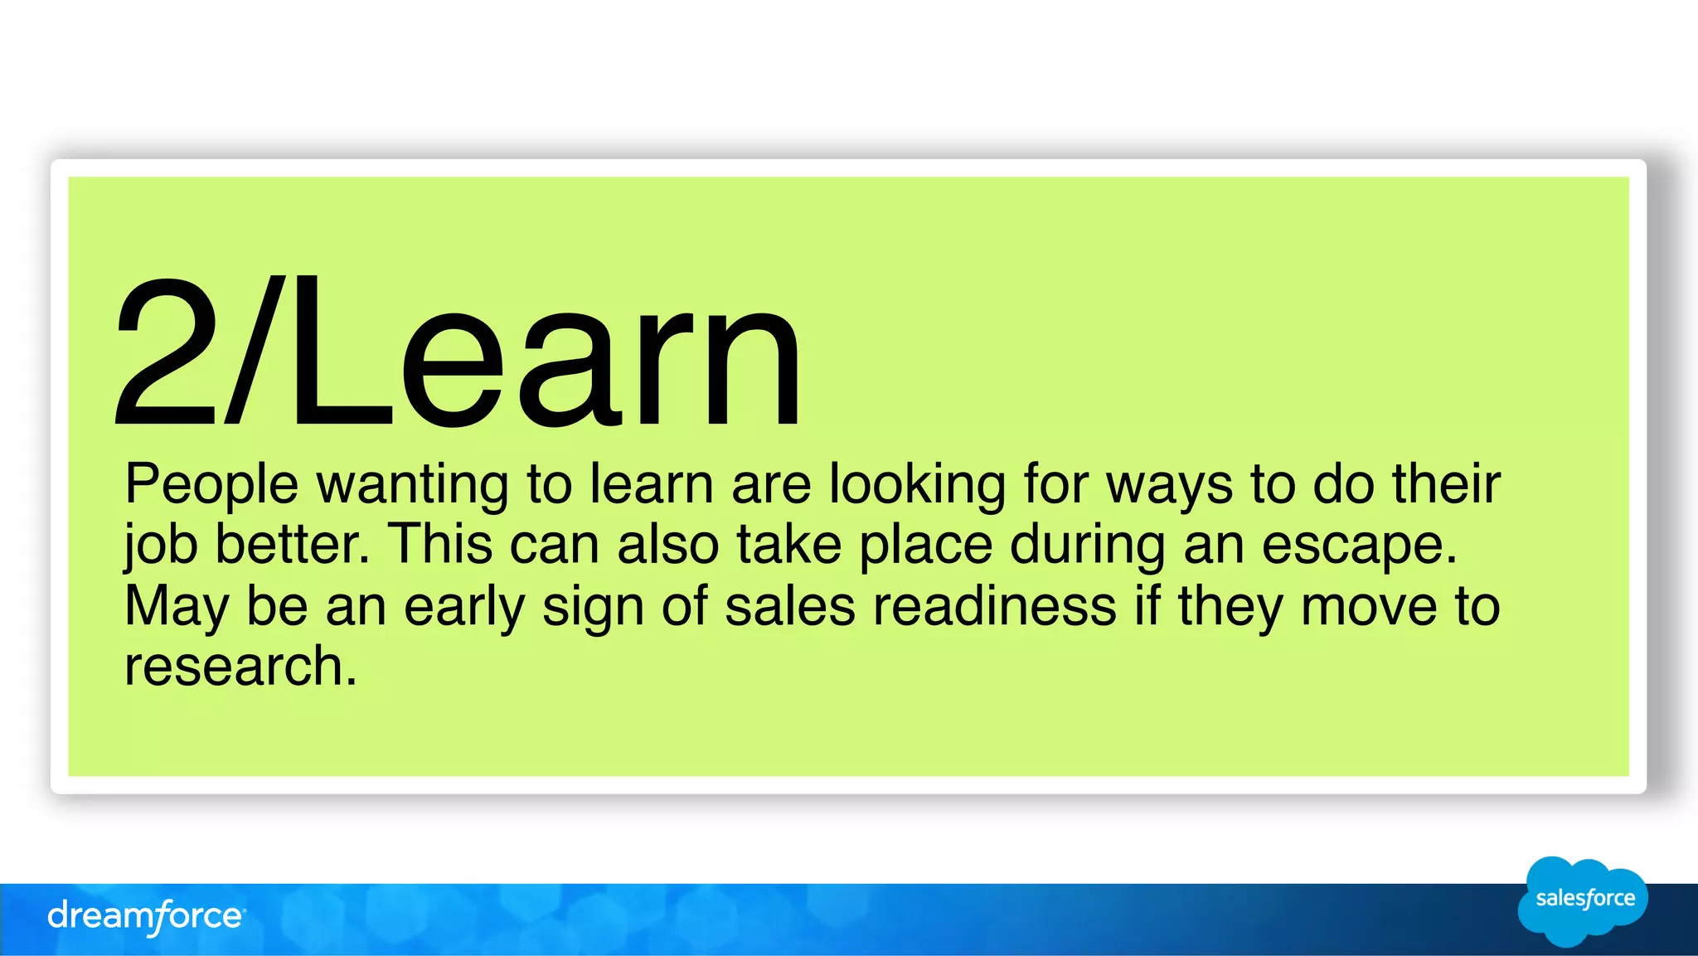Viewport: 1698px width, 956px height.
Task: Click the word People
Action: coord(211,485)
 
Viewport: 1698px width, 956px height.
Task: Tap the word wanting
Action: coord(412,485)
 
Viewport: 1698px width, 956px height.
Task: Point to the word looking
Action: coord(917,485)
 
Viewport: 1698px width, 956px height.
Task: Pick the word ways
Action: coord(1170,485)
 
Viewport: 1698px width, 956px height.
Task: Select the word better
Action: coord(292,545)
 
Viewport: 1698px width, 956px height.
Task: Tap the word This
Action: coord(441,545)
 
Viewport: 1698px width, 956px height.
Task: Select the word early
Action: coord(464,608)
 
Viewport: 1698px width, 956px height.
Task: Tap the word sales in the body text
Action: coord(789,606)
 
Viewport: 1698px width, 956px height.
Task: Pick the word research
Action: coord(240,667)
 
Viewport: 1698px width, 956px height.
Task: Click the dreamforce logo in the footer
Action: coord(146,917)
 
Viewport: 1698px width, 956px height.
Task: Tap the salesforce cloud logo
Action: coord(1583,900)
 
